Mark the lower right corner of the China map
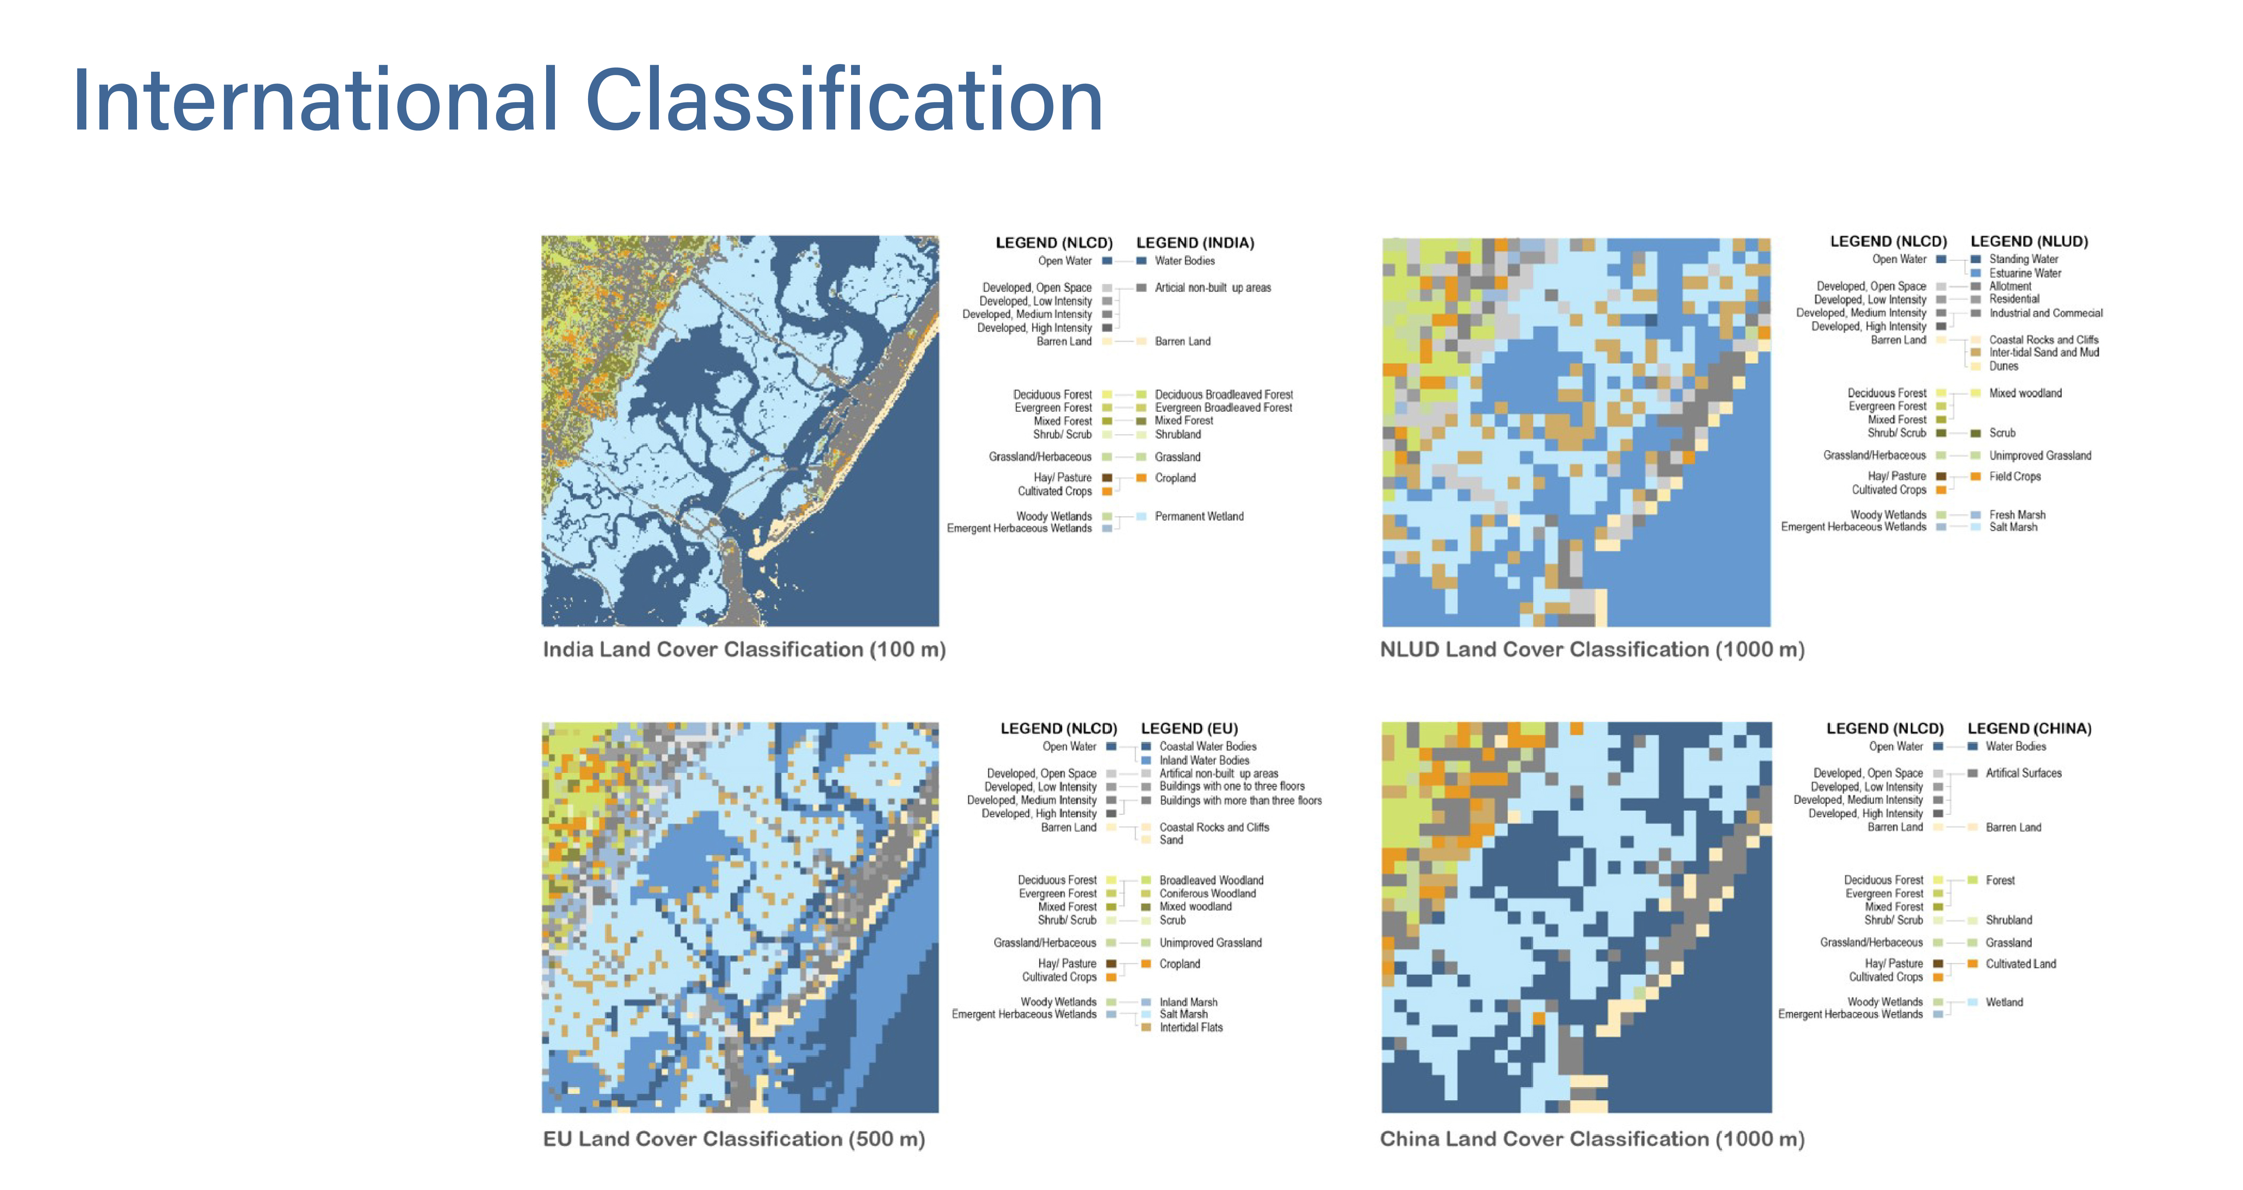click(1771, 1112)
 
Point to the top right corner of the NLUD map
click(1770, 238)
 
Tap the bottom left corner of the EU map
click(543, 1112)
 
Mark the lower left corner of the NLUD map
click(1383, 626)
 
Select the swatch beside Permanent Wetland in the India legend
click(1141, 516)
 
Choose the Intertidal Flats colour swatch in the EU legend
click(1146, 1027)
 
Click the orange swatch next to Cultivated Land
click(1972, 964)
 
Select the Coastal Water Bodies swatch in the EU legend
click(1146, 746)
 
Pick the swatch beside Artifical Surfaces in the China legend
click(1972, 773)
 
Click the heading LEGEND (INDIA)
click(1195, 243)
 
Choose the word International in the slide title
click(315, 101)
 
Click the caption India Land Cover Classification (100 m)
click(744, 649)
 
